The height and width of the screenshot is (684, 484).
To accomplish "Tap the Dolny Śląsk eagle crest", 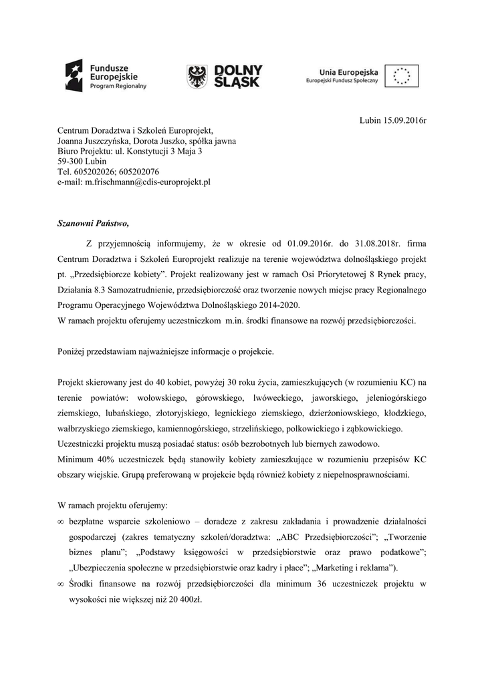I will coord(196,76).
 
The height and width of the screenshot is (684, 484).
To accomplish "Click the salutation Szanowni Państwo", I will coord(91,223).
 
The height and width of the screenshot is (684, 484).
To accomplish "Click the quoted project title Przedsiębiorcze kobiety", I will coord(117,275).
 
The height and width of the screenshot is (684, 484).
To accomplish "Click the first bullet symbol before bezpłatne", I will coord(61,520).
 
